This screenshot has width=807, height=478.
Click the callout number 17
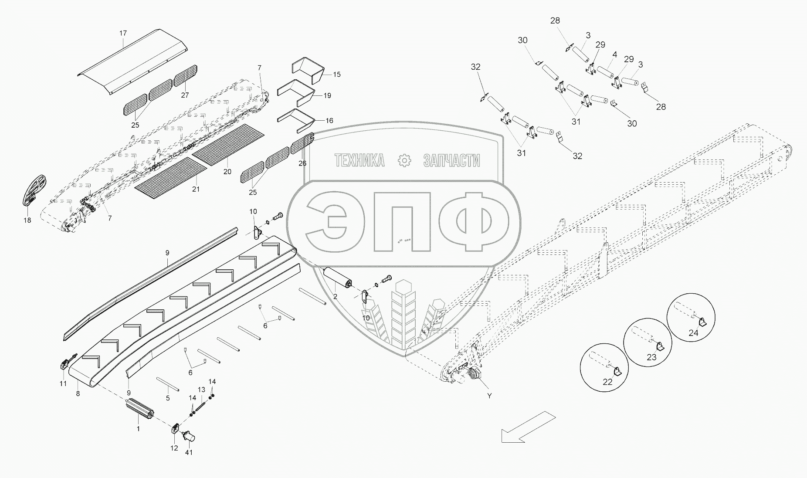click(123, 33)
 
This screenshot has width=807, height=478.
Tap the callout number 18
click(27, 220)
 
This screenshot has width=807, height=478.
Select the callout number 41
click(189, 453)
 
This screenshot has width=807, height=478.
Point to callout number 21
click(196, 189)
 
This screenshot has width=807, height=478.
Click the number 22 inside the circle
click(607, 382)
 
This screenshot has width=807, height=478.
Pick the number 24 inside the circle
click(693, 333)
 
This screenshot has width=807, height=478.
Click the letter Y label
click(489, 396)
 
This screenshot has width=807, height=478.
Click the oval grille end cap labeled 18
click(35, 190)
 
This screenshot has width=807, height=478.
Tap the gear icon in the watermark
click(405, 161)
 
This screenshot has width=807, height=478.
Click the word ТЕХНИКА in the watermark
click(359, 161)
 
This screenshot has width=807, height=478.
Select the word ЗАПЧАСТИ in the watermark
click(451, 161)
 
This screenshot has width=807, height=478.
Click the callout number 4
click(614, 55)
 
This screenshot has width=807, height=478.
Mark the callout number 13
click(201, 390)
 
